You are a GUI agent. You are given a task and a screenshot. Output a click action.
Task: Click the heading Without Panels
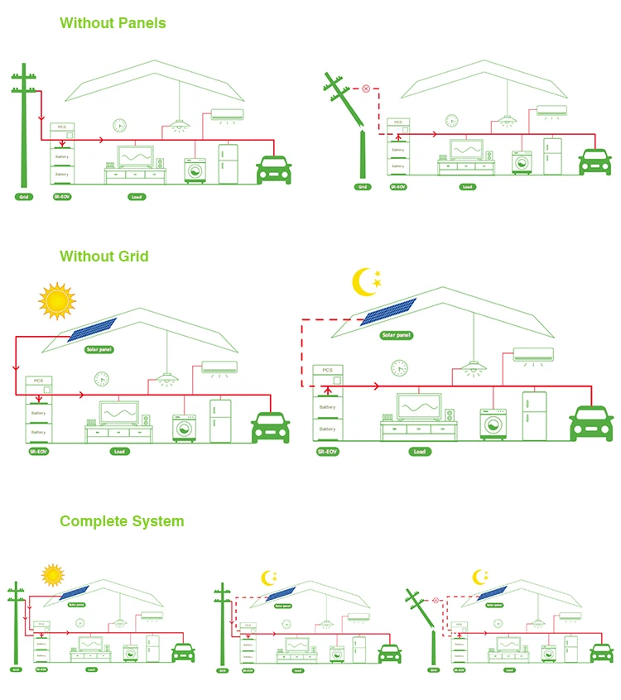coord(113,22)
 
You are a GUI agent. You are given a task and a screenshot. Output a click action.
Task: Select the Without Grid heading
coord(104,257)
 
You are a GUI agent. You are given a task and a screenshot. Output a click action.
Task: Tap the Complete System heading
coord(122,521)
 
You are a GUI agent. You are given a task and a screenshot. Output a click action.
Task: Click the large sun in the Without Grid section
coord(56,300)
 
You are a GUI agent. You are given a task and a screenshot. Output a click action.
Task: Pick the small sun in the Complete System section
coord(53,574)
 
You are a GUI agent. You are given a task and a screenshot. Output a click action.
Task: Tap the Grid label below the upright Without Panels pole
coord(23,197)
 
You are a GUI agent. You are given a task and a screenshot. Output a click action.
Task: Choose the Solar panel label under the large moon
coord(396,336)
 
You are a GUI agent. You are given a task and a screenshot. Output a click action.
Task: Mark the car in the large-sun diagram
coord(270,429)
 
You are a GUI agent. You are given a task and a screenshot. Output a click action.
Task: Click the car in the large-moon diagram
coord(591,422)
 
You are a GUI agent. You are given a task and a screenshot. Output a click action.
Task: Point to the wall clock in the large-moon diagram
coord(400,367)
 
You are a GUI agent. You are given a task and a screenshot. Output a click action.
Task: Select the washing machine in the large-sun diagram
coord(184,428)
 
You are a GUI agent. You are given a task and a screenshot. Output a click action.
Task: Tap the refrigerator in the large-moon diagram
coord(534,415)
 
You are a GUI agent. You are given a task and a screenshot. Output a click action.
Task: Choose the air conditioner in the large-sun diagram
coord(219,367)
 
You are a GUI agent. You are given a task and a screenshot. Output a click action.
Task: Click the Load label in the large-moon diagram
coord(420,452)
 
